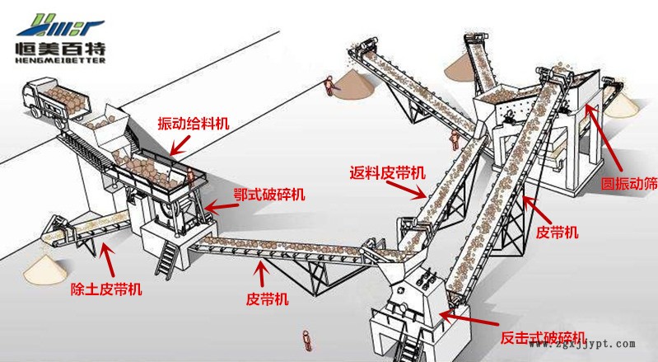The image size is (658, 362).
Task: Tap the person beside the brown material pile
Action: (x=330, y=84)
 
